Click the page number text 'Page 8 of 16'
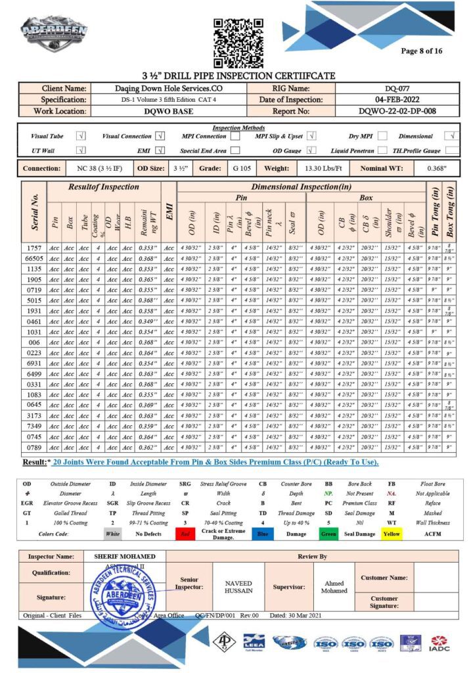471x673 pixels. tap(421, 51)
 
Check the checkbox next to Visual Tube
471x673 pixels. tap(81, 137)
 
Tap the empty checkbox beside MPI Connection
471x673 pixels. tap(235, 137)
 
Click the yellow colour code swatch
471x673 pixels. tap(392, 534)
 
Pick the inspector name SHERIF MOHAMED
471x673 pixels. tap(125, 556)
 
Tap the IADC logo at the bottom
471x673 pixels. tap(440, 643)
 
